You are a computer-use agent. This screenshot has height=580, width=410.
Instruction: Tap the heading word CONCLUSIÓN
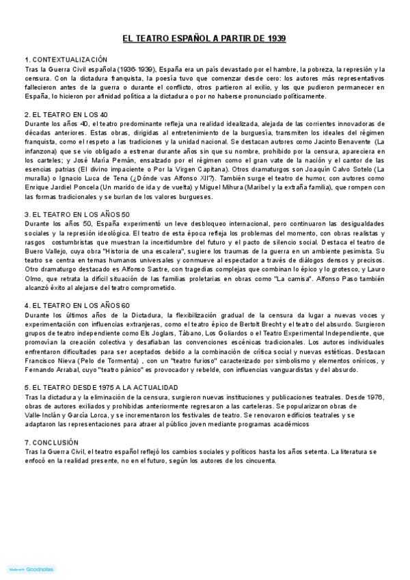tap(57, 443)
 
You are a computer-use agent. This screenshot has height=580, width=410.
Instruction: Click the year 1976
tap(376, 397)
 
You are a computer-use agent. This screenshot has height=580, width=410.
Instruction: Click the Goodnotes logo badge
tap(31, 568)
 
